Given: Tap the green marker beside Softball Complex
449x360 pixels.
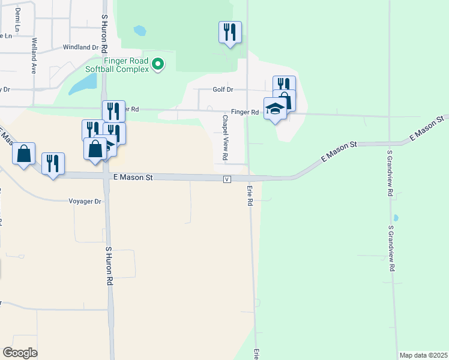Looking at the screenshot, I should click(158, 63).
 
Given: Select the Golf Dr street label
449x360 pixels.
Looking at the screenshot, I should click(222, 89).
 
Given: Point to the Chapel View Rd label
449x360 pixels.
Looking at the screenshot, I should click(225, 137).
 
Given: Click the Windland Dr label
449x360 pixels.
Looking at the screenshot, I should click(80, 47).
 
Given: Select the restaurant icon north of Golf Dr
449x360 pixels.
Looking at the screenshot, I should click(230, 32).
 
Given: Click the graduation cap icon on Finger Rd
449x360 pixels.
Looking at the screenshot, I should click(275, 108).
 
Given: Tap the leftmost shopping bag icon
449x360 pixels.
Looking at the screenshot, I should click(23, 153).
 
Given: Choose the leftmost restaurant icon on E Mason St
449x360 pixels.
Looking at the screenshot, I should click(53, 163).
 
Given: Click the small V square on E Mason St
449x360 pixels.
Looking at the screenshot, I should click(227, 179).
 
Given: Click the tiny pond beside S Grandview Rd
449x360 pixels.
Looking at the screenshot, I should click(395, 218).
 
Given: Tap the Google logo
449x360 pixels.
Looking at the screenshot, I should click(20, 353).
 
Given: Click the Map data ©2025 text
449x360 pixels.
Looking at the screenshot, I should click(423, 355).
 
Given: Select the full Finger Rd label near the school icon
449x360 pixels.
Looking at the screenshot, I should click(246, 112).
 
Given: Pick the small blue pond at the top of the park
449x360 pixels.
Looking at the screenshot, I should click(139, 30).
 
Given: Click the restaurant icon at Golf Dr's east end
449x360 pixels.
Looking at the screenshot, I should click(284, 86).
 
